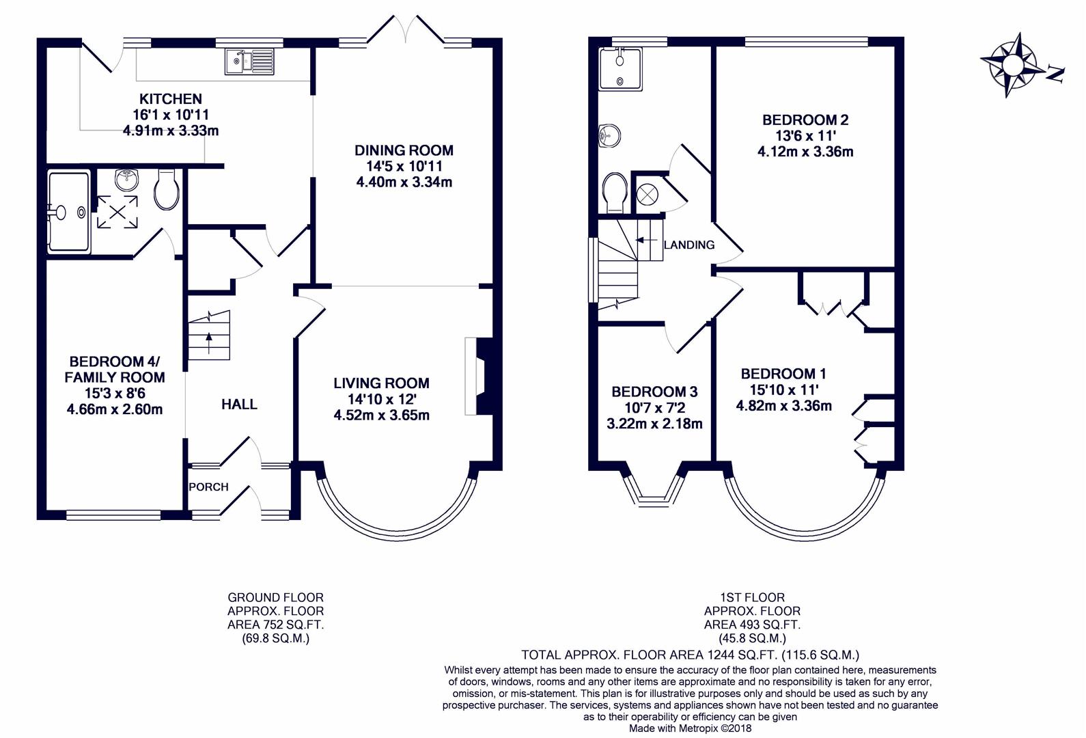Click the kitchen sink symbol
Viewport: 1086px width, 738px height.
pyautogui.click(x=249, y=61)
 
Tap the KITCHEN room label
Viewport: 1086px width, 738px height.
pyautogui.click(x=171, y=99)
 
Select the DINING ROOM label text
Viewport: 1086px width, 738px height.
pyautogui.click(x=404, y=150)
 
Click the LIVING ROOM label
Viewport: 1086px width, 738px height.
pyautogui.click(x=382, y=383)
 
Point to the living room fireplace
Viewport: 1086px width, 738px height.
pyautogui.click(x=479, y=377)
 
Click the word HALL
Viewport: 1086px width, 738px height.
pyautogui.click(x=240, y=405)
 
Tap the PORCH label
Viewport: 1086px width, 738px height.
pyautogui.click(x=208, y=487)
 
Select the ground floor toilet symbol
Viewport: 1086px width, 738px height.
pyautogui.click(x=166, y=189)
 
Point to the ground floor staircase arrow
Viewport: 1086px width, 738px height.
pyautogui.click(x=209, y=344)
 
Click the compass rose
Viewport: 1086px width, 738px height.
pyautogui.click(x=1013, y=64)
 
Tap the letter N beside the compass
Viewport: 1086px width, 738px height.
pyautogui.click(x=1055, y=74)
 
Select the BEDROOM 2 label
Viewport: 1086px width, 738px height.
pyautogui.click(x=805, y=120)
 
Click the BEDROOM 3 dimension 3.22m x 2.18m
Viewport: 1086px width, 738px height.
pyautogui.click(x=654, y=424)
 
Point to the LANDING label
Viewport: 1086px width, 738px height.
pyautogui.click(x=689, y=245)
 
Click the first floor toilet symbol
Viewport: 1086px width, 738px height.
pyautogui.click(x=615, y=193)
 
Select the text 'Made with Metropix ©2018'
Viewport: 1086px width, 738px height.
pyautogui.click(x=690, y=728)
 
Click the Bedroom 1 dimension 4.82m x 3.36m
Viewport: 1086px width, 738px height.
pyautogui.click(x=784, y=406)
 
